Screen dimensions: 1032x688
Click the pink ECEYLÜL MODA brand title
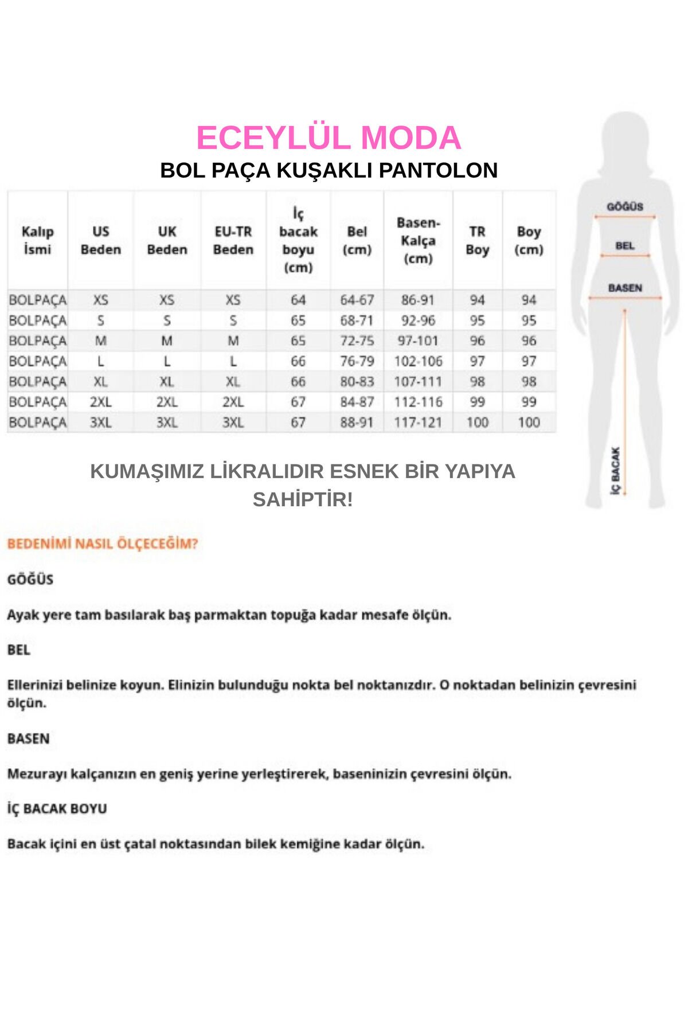click(329, 138)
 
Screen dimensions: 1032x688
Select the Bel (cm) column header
click(357, 240)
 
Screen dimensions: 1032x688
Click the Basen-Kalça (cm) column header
click(418, 240)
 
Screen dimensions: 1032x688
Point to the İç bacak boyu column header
click(298, 240)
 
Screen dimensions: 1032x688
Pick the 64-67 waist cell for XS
click(357, 300)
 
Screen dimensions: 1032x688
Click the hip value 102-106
click(418, 361)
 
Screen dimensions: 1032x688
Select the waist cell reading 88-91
click(357, 423)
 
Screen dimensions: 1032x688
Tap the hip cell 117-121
click(418, 423)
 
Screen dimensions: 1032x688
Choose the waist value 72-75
click(357, 341)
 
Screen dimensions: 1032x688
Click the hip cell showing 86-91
click(418, 300)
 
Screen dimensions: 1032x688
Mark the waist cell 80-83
click(357, 382)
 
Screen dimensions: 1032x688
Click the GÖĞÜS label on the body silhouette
click(625, 206)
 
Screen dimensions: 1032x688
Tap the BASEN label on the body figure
click(625, 288)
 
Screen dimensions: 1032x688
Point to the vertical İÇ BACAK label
click(615, 471)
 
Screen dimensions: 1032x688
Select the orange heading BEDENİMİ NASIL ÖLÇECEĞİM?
click(103, 544)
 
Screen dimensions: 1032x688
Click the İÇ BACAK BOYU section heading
click(57, 808)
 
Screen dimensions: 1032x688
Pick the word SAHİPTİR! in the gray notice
click(303, 499)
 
